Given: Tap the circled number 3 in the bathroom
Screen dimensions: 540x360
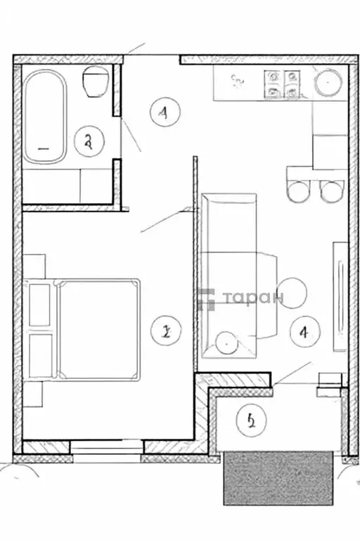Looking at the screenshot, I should (89, 141).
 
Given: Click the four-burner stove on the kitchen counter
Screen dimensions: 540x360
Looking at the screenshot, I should (283, 84).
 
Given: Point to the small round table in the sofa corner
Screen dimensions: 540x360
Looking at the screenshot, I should (228, 342).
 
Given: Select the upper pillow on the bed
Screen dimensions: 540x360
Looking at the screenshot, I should (40, 305).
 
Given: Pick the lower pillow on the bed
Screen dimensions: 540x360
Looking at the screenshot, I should (40, 355).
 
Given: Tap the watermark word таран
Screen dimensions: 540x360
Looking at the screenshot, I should (253, 298).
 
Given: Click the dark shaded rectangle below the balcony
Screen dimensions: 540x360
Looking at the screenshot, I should (278, 478).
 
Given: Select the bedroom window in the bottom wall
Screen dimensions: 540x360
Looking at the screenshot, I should (108, 448).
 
